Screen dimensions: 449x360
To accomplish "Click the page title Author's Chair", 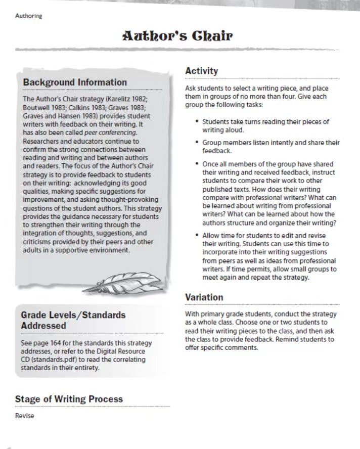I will pyautogui.click(x=177, y=37).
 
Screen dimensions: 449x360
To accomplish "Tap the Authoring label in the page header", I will pyautogui.click(x=29, y=16).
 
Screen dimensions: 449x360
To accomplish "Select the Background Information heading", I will pyautogui.click(x=75, y=82).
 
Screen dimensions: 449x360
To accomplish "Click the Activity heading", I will pyautogui.click(x=202, y=71).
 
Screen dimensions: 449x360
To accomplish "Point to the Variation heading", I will pyautogui.click(x=204, y=297).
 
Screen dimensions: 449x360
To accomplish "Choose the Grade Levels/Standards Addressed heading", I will pyautogui.click(x=73, y=320).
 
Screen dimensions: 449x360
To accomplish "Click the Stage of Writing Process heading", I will pyautogui.click(x=69, y=399).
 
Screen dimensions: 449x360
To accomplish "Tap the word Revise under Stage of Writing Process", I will pyautogui.click(x=25, y=416).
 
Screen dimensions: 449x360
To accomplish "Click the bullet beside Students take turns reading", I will pyautogui.click(x=197, y=122).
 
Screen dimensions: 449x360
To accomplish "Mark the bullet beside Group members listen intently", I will pyautogui.click(x=197, y=143).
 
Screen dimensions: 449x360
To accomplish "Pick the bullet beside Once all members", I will pyautogui.click(x=197, y=164).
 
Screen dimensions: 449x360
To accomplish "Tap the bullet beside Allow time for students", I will pyautogui.click(x=197, y=236).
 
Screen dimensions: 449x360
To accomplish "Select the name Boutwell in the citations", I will pyautogui.click(x=36, y=108).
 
